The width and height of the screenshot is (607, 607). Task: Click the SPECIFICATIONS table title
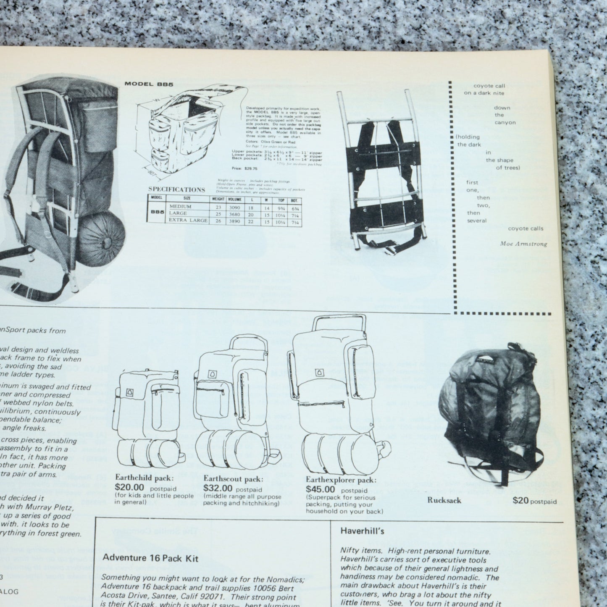pos(176,189)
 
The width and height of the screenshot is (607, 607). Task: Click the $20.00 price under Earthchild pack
pos(129,487)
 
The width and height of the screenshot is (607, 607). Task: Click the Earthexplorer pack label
pos(341,480)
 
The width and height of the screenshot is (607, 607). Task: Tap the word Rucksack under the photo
pos(444,500)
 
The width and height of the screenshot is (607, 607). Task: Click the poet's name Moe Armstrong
pos(523,244)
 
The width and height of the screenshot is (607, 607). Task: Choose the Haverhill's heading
pos(357,531)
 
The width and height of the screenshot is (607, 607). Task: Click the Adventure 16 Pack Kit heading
pos(150,558)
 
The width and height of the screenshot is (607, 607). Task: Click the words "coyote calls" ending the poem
pos(526,229)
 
